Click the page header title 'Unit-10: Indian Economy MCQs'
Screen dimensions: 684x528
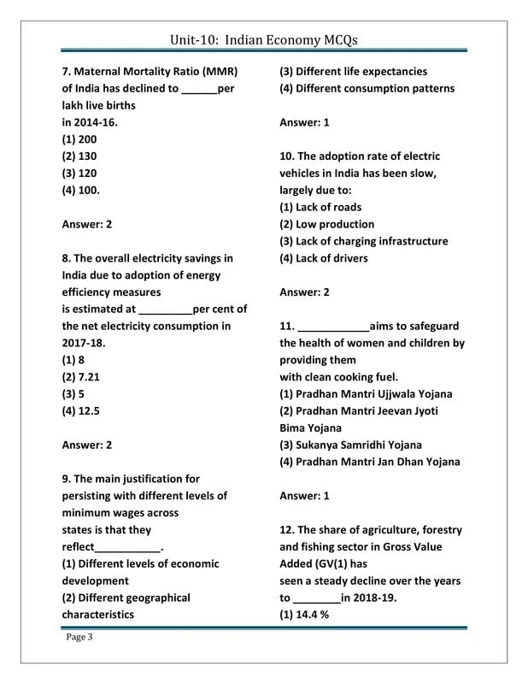click(x=263, y=40)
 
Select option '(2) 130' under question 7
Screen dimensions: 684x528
click(x=79, y=156)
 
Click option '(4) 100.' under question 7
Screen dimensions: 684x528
click(x=81, y=191)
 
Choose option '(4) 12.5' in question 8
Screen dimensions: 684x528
click(x=81, y=411)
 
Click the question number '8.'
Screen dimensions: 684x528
click(x=67, y=258)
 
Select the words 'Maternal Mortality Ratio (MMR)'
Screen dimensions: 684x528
click(x=156, y=72)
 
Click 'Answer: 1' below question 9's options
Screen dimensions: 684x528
click(x=304, y=123)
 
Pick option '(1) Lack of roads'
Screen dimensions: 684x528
click(x=320, y=208)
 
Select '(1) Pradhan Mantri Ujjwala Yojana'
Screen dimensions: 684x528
click(x=366, y=394)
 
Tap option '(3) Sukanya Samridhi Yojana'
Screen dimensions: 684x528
click(x=350, y=445)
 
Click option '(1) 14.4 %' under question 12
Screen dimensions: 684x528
click(x=305, y=615)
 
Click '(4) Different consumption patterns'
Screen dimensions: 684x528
click(x=367, y=89)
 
